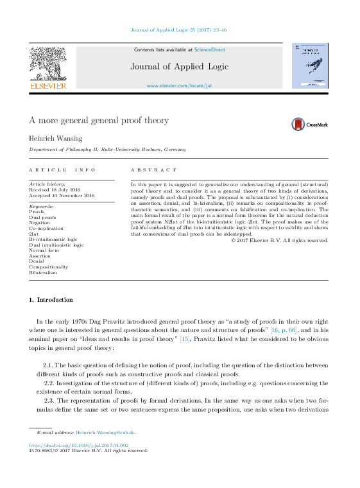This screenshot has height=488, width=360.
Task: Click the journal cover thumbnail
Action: [x=310, y=65]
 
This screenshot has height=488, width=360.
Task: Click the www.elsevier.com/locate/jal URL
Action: [x=179, y=85]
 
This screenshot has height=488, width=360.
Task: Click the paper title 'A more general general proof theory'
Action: [x=99, y=120]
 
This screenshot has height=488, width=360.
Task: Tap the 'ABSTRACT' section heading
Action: [x=153, y=170]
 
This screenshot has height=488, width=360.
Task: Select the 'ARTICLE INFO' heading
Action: [x=62, y=170]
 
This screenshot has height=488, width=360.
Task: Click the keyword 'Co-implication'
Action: [x=46, y=228]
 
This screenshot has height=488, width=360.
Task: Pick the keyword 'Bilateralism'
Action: [x=43, y=272]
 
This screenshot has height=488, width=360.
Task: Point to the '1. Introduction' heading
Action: [x=51, y=300]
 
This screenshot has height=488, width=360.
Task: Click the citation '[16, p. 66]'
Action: [x=288, y=329]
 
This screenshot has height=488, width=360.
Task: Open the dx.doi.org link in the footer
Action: [x=79, y=444]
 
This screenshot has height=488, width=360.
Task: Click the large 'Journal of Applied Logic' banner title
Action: [x=179, y=66]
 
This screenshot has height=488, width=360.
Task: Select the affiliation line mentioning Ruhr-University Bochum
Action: [x=107, y=149]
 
